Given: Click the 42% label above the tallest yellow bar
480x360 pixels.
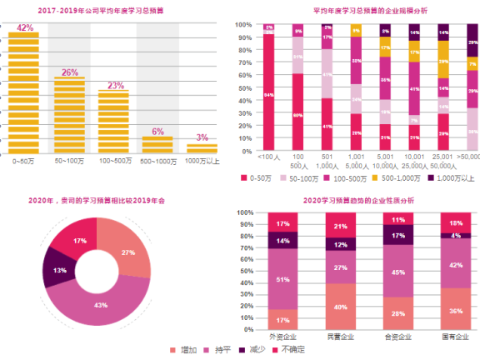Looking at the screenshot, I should point(26,27).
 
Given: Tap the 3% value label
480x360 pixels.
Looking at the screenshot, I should point(202,137).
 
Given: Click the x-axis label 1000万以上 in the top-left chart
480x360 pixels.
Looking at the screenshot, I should point(202,159).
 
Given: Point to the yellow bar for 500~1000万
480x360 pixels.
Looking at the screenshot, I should point(157,144).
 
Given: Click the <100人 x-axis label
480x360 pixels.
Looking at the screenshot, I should point(269,157).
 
